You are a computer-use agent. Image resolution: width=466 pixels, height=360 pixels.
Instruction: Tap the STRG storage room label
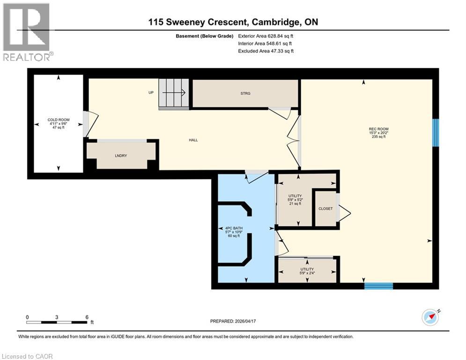coord(245,93)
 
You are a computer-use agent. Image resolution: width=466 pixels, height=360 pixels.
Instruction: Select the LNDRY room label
coord(121,156)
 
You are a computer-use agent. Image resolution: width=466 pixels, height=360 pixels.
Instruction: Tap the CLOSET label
coord(325,209)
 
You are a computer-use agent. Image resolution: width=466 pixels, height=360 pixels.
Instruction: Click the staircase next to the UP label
coord(174,93)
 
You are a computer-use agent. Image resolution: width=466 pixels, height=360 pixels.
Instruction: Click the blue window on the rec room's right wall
coord(435,133)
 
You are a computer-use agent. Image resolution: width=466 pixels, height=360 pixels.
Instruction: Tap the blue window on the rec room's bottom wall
coord(378,286)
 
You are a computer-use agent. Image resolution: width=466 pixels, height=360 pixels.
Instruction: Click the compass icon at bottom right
coord(430,317)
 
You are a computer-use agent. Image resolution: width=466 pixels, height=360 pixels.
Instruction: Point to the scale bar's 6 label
coord(87,317)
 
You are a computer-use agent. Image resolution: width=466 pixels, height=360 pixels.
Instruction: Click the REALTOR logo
coord(27,32)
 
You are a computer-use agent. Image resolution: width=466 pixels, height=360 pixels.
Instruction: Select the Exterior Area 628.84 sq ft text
coord(266,36)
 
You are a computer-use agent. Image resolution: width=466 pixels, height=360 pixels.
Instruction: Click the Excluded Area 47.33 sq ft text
coord(266,51)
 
